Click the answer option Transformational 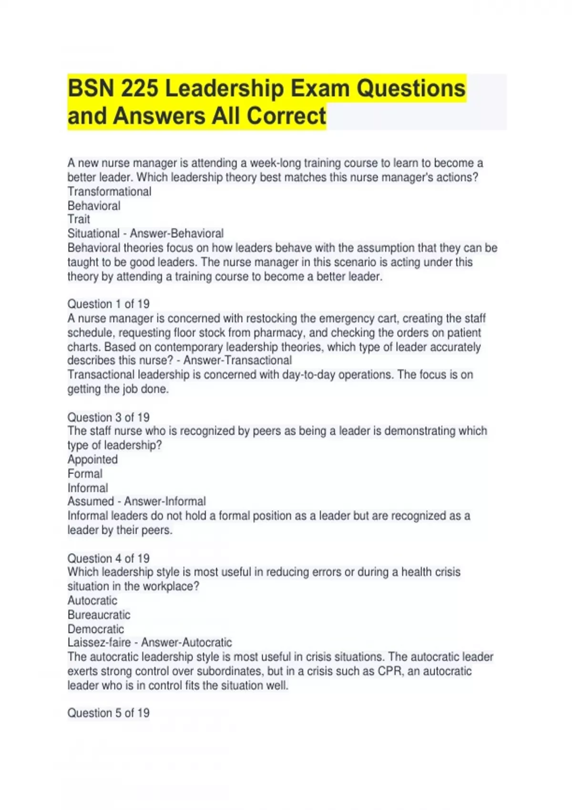pyautogui.click(x=109, y=192)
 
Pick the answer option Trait pyautogui.click(x=79, y=219)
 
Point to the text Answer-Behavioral pyautogui.click(x=176, y=233)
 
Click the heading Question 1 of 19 pyautogui.click(x=108, y=304)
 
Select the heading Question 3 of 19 pyautogui.click(x=108, y=417)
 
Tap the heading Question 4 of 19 pyautogui.click(x=108, y=558)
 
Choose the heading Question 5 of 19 pyautogui.click(x=108, y=713)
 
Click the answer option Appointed pyautogui.click(x=92, y=459)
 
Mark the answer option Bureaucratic pyautogui.click(x=99, y=615)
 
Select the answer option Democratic pyautogui.click(x=95, y=629)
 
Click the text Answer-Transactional pyautogui.click(x=237, y=360)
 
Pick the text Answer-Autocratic pyautogui.click(x=186, y=642)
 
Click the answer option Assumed pyautogui.click(x=91, y=501)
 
